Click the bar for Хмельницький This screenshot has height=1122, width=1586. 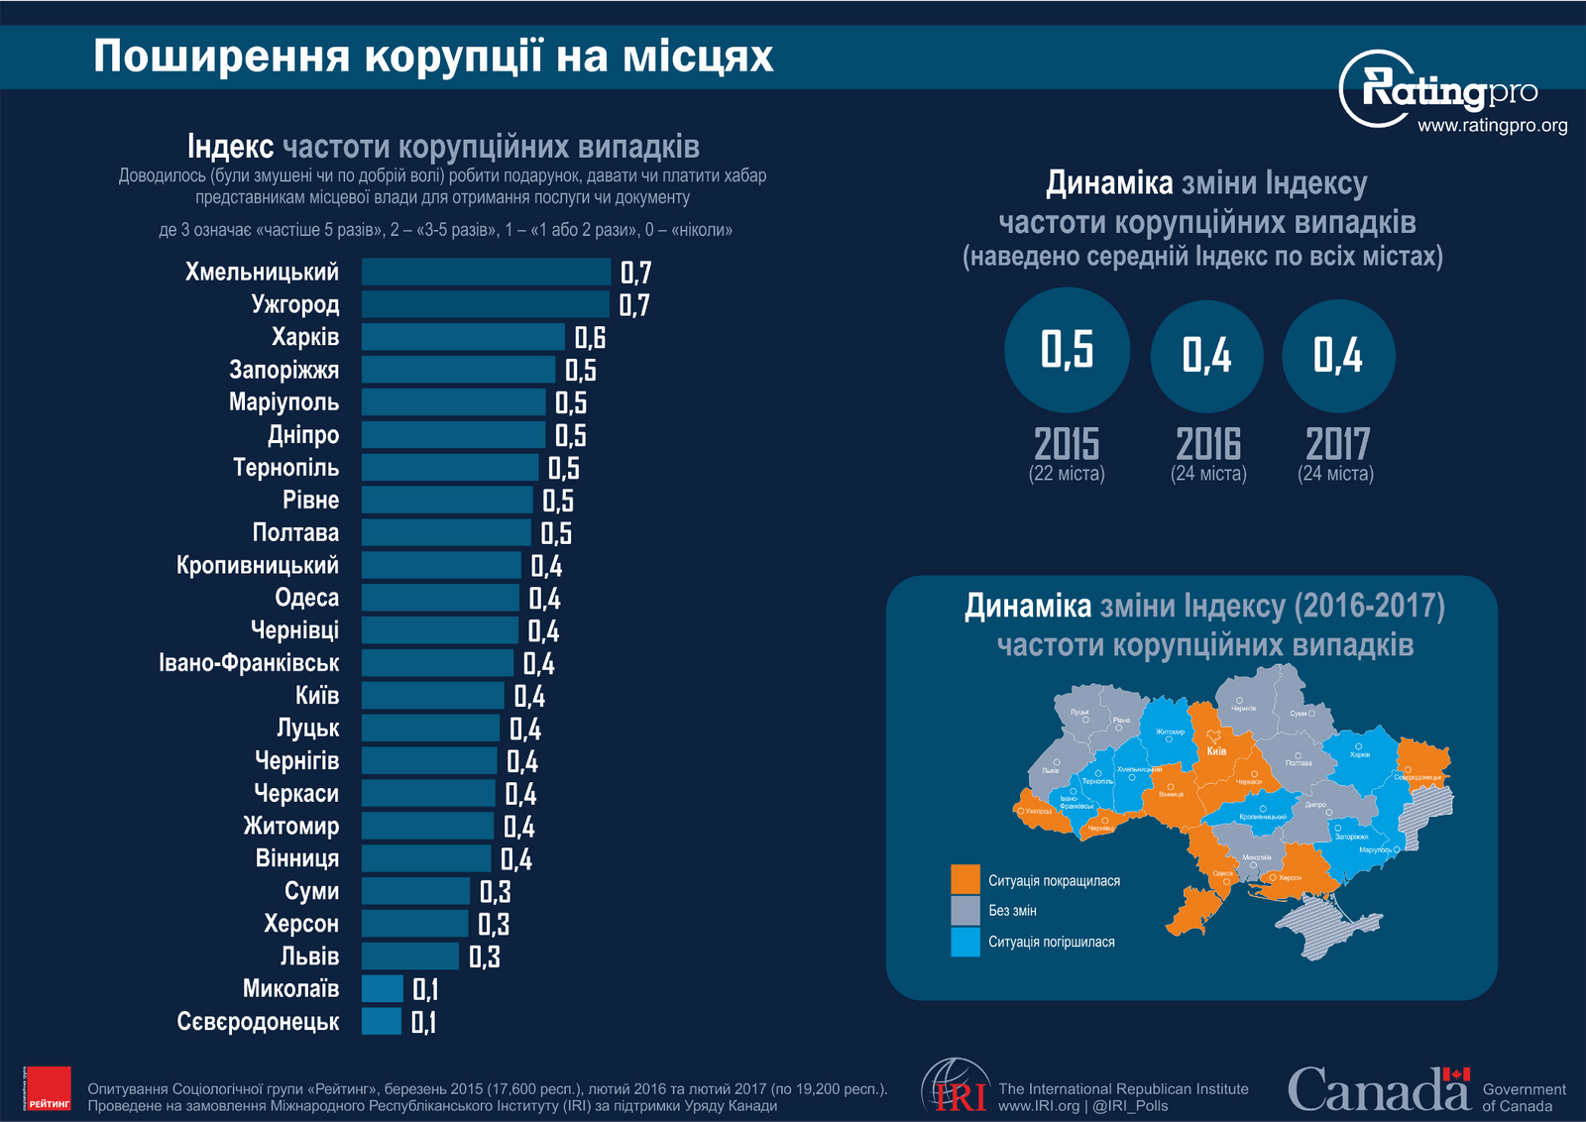[486, 272]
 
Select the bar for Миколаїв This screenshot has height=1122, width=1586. [383, 988]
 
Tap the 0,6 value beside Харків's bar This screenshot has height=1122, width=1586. [590, 338]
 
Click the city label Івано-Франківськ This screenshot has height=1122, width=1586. [249, 662]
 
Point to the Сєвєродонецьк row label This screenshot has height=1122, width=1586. [258, 1021]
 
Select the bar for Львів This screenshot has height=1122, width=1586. [410, 955]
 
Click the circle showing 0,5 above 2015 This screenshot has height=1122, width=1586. [1067, 350]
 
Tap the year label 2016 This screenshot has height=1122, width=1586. [1208, 444]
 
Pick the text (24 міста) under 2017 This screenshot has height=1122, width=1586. [1335, 474]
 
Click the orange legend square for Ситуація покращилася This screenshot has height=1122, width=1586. [964, 880]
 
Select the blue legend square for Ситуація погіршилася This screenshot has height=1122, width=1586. [964, 942]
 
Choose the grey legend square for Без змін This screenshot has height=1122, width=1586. [964, 911]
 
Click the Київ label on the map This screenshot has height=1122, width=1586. [1216, 750]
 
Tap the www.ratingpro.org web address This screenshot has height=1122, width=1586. [1492, 126]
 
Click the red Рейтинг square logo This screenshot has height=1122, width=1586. [48, 1088]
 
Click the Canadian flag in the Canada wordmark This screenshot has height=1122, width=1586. [1455, 1074]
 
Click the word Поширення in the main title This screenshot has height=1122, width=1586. [221, 56]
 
